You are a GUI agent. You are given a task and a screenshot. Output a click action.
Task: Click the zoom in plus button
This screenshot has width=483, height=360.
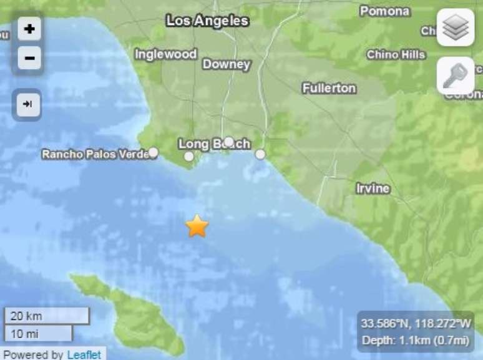29,29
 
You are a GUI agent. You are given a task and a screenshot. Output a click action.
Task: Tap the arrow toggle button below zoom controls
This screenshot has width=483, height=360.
27,104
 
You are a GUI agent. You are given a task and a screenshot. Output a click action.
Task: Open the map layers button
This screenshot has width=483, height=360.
456,27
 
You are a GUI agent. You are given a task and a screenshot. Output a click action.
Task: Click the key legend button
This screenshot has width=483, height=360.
456,76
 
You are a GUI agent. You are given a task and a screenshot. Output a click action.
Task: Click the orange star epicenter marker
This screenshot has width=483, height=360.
197,226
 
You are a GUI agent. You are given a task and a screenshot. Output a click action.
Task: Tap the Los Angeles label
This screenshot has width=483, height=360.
207,21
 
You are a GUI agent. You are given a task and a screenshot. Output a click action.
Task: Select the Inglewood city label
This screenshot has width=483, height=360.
165,54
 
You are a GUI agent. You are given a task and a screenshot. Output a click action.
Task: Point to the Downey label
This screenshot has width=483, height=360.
226,64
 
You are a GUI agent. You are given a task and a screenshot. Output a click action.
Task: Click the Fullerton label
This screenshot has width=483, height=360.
329,88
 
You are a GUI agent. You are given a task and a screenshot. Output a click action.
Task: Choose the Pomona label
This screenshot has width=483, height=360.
385,11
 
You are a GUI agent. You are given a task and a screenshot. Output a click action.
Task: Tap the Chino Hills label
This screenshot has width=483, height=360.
396,55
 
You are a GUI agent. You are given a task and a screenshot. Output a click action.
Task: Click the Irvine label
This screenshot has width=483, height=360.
373,188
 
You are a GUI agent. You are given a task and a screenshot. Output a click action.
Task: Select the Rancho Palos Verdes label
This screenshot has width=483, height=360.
95,153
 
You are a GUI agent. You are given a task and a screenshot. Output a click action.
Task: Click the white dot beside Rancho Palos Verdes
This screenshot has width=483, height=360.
153,152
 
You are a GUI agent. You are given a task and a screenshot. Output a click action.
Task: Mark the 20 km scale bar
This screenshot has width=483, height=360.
47,316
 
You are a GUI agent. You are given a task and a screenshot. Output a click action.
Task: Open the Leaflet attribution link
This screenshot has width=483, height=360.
85,354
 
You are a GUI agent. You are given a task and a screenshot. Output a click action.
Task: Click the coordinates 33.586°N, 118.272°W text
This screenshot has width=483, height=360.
416,324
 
